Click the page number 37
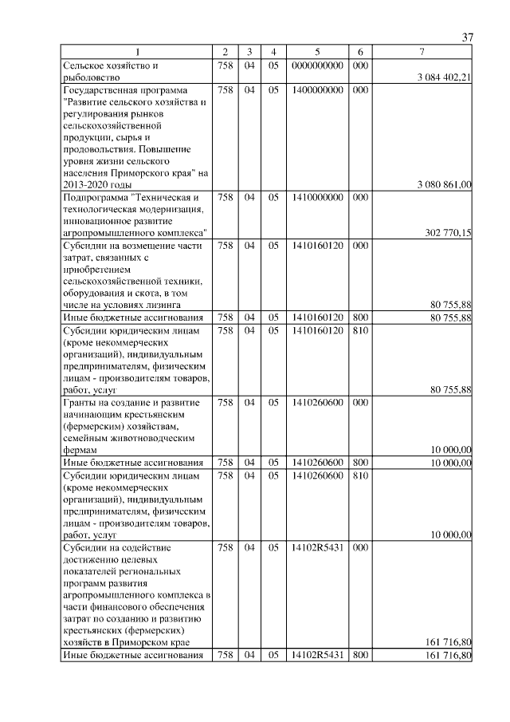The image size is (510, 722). tap(468, 37)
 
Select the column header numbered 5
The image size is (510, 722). tap(317, 53)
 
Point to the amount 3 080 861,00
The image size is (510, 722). tap(444, 184)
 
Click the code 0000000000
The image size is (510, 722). tap(317, 65)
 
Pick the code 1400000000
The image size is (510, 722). tap(317, 90)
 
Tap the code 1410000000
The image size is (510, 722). tap(317, 196)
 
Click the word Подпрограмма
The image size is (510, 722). tap(94, 196)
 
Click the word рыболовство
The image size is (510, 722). tap(92, 77)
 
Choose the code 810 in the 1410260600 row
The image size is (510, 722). tap(360, 475)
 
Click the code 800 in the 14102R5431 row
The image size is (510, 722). tap(360, 656)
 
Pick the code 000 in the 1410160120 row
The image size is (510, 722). tap(360, 246)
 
